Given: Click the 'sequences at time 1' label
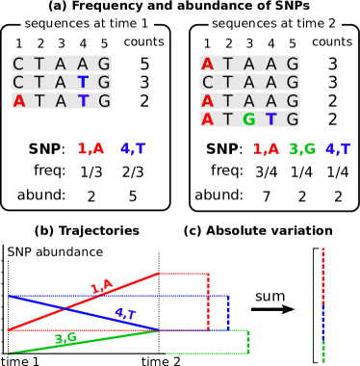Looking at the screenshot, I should point(87,23).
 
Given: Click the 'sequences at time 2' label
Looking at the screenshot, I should point(273,23).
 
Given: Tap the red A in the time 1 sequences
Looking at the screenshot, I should point(19,100).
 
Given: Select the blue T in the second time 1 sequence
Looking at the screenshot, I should point(84,82).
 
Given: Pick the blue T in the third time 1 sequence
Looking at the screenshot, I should point(84,100).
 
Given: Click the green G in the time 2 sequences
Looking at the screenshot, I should point(249,119).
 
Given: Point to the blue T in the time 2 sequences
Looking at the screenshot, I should point(270,119).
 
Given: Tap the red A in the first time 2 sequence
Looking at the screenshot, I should point(207,64).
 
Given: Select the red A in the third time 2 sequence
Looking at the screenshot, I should point(207,101).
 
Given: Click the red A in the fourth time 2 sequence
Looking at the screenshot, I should point(207,119).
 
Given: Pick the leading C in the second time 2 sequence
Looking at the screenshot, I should point(207,82).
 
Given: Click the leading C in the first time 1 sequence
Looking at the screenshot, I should point(19,64).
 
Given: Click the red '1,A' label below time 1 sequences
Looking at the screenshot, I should point(90,149).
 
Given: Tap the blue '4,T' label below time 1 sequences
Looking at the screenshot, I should point(133,149).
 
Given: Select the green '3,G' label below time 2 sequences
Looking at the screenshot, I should point(302,149).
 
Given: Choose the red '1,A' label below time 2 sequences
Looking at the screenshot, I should point(266,149).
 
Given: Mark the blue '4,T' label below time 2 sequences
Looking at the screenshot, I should point(338,149).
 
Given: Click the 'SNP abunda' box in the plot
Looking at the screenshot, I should point(42,252).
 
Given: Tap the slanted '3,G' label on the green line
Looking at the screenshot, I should point(65,338).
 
